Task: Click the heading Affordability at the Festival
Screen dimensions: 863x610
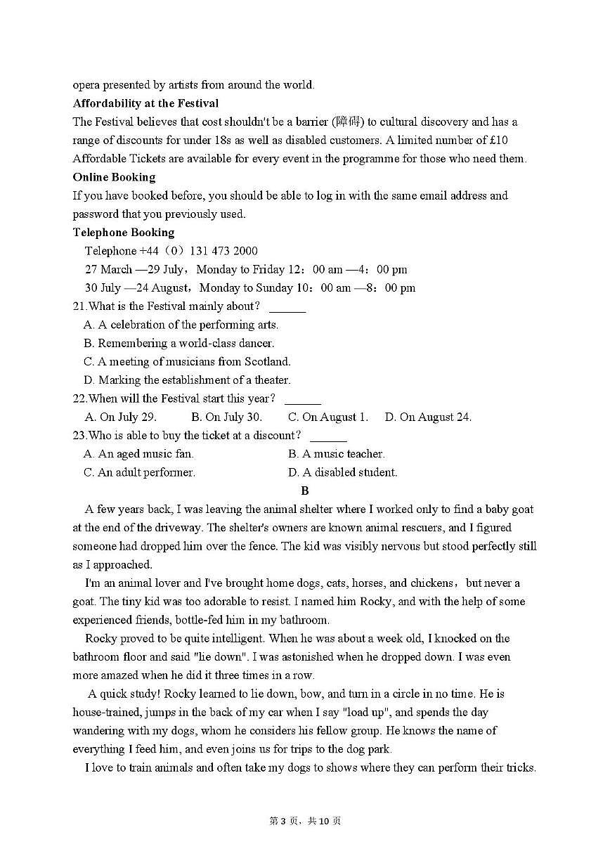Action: (145, 103)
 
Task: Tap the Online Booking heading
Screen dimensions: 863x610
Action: (114, 177)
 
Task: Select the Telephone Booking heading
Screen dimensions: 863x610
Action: (124, 233)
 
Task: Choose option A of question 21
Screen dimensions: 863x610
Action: (181, 325)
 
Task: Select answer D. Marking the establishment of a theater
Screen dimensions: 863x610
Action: (186, 380)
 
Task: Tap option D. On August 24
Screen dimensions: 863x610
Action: (428, 417)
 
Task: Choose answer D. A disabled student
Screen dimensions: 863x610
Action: (342, 472)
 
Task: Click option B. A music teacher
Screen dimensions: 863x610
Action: (336, 454)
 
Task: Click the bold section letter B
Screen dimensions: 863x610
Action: (304, 491)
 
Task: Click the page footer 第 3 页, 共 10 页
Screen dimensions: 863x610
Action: (305, 821)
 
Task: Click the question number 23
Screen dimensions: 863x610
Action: (79, 436)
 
